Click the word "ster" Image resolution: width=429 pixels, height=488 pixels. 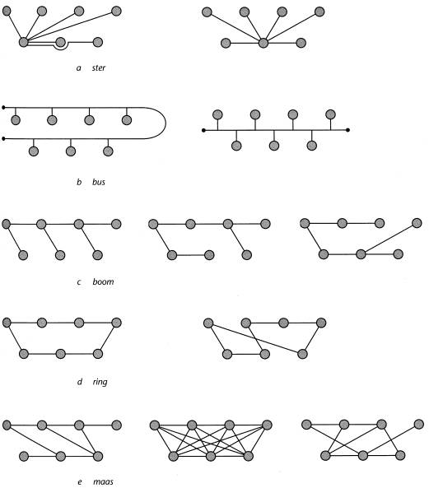tap(99, 67)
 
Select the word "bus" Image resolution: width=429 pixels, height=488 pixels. tap(99, 182)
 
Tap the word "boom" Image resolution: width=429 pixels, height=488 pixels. tap(103, 281)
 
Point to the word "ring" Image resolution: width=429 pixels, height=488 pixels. tap(100, 382)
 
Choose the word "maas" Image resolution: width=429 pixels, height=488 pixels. tap(103, 481)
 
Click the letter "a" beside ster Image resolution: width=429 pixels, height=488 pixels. tap(79, 68)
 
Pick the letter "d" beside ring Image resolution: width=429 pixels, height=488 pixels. tap(80, 382)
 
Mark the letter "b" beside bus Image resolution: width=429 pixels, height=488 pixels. tap(79, 182)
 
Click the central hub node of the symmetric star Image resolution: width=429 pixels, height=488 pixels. tap(263, 43)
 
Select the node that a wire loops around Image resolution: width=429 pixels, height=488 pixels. tap(61, 42)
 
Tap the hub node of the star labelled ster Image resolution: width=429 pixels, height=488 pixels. tap(24, 42)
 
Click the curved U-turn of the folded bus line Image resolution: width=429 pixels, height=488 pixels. tap(166, 123)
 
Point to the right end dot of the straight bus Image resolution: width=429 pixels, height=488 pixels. tap(348, 130)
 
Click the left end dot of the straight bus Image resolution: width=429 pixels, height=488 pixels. tap(203, 130)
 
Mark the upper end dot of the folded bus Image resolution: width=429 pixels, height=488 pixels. tap(3, 108)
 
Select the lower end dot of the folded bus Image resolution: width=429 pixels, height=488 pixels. tap(3, 138)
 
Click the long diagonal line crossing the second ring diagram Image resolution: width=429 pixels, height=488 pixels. tap(255, 338)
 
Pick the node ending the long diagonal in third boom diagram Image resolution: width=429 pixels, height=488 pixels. tap(417, 223)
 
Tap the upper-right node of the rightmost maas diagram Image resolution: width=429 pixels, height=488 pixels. tap(419, 424)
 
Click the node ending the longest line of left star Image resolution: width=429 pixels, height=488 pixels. tap(116, 12)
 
